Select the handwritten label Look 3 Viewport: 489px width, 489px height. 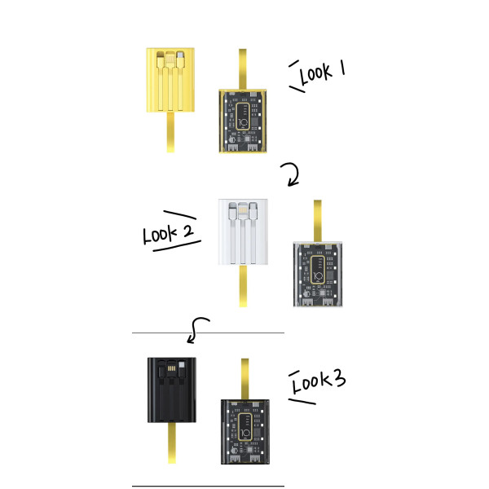coord(319,381)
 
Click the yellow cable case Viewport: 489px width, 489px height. coord(170,80)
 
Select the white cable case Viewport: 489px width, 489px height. coord(243,231)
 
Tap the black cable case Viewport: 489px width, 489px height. coord(171,390)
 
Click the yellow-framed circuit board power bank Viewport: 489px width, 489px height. coord(243,121)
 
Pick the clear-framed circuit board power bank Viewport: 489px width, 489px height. coord(318,274)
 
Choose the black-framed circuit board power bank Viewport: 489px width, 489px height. coord(245,432)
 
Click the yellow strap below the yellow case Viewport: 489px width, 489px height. coord(170,132)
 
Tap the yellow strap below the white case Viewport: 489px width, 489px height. coord(243,286)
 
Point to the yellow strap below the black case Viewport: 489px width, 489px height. coord(172,443)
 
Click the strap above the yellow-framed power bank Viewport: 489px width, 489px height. coord(243,69)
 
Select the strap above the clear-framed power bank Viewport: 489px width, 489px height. coord(318,221)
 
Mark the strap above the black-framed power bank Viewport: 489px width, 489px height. coord(244,379)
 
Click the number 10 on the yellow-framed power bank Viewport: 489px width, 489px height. coord(243,122)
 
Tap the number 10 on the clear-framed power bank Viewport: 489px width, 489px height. coord(318,276)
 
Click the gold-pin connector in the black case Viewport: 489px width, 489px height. coord(171,368)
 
